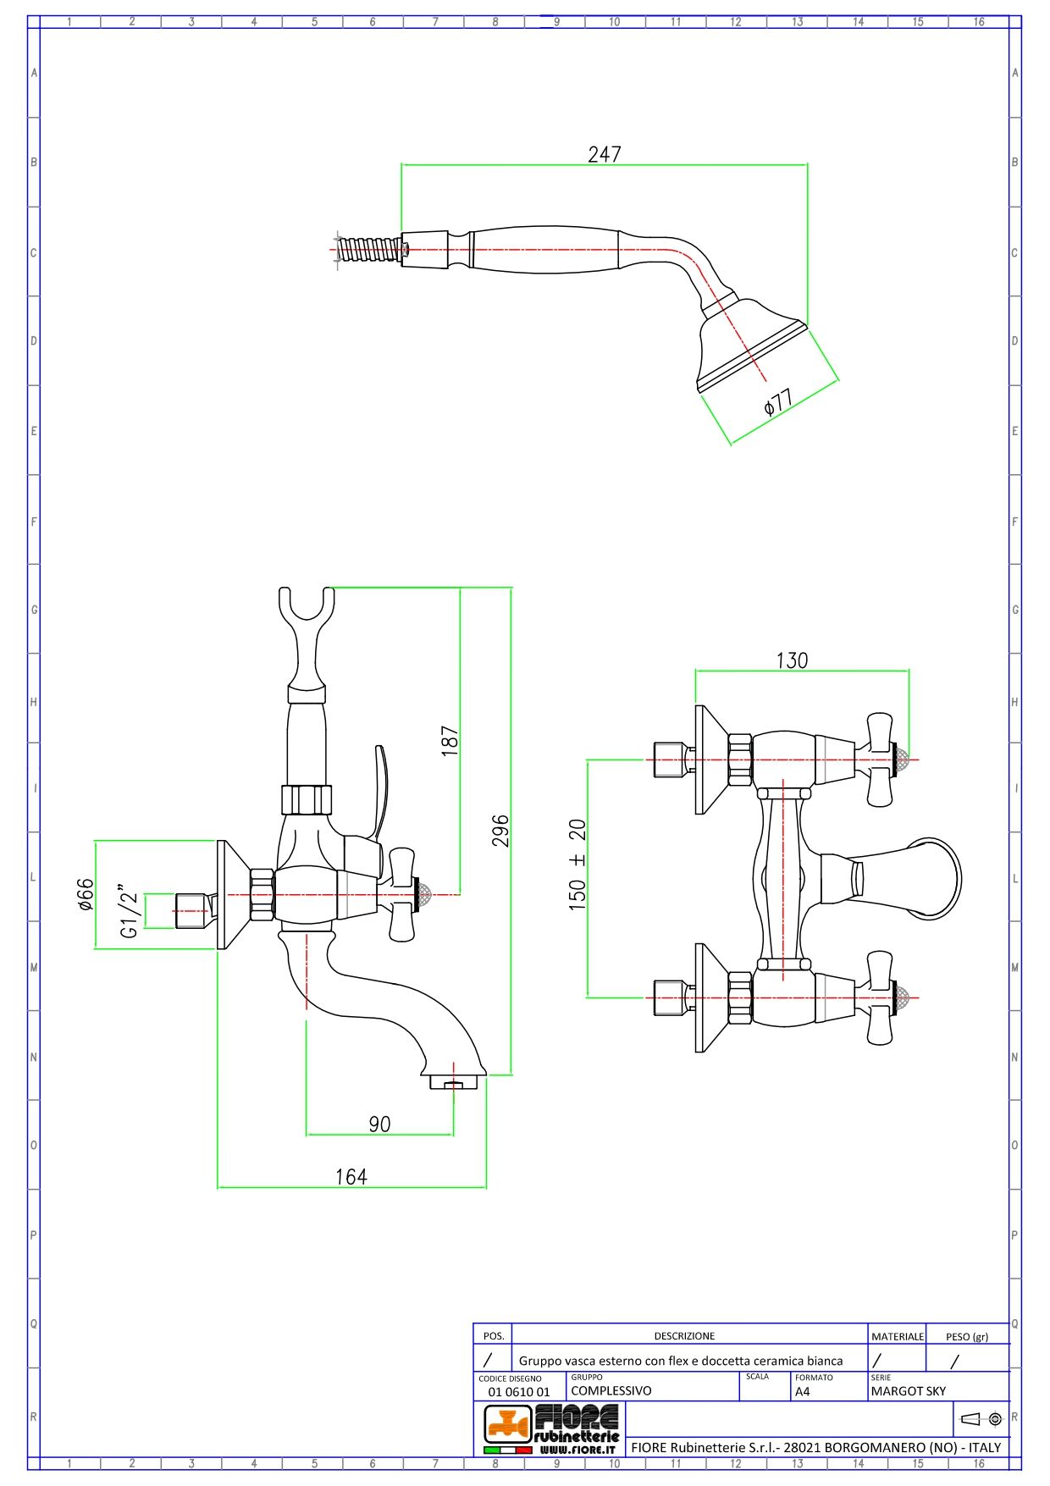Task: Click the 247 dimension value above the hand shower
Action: (604, 154)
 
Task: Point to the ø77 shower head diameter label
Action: (777, 401)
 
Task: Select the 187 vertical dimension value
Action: (450, 739)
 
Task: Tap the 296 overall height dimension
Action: (500, 830)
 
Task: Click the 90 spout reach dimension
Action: (379, 1124)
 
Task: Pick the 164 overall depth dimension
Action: (351, 1176)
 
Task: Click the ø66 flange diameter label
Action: (86, 895)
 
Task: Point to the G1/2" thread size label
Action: (129, 911)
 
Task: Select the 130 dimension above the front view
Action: (792, 660)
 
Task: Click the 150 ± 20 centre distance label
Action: (577, 865)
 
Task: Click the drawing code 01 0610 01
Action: (519, 1391)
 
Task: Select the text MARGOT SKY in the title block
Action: (908, 1390)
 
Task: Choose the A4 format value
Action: (803, 1391)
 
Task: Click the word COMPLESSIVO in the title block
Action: (611, 1390)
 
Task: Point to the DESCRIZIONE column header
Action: (684, 1335)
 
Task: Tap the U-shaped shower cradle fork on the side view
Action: (307, 610)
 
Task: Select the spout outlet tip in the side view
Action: (454, 1082)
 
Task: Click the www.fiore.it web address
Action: (577, 1450)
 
